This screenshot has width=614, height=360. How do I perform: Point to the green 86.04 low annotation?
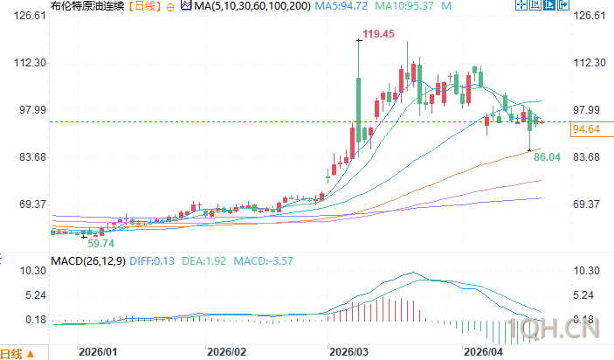click(x=546, y=156)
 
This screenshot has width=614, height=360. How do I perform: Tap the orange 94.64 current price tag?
click(x=585, y=129)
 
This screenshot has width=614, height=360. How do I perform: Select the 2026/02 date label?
click(x=225, y=352)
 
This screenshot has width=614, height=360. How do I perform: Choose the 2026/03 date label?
click(x=348, y=352)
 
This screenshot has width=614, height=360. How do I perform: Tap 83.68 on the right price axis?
click(x=587, y=157)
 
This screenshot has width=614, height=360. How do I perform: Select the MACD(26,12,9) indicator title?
click(x=86, y=260)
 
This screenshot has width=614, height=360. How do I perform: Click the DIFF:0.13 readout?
click(x=154, y=260)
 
